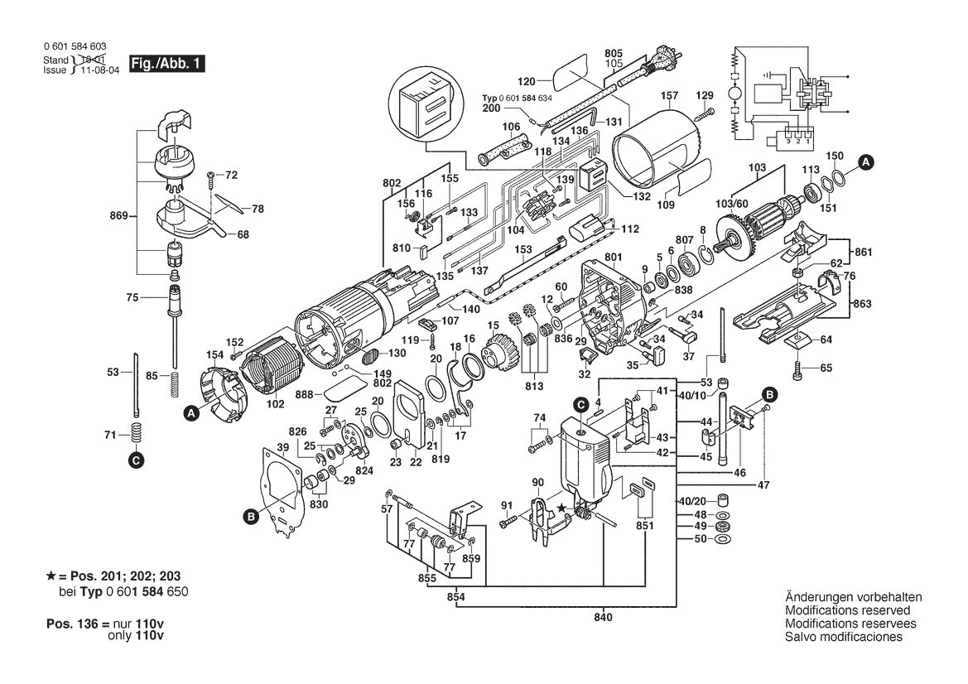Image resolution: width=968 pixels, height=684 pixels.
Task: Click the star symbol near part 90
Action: coord(563,507)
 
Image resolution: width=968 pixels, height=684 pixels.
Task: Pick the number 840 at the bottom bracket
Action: coord(603,618)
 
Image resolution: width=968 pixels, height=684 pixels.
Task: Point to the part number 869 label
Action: coord(118,216)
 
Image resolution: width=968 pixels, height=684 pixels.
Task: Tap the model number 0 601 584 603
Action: coord(74,46)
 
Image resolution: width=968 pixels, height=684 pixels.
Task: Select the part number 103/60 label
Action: coord(731,203)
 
